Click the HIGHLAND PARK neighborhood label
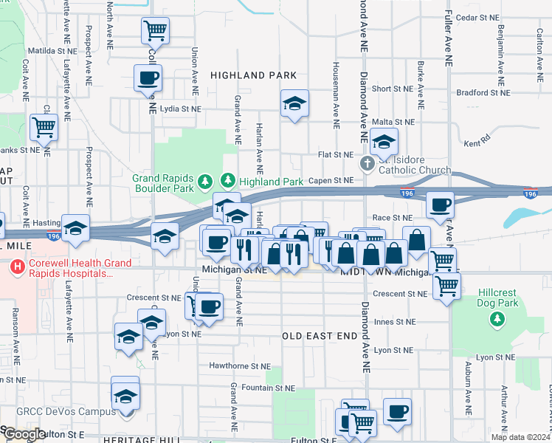(x=253, y=75)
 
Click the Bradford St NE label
(x=483, y=93)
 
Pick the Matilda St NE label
(x=51, y=52)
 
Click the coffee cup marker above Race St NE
(x=441, y=205)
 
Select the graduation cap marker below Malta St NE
(x=384, y=141)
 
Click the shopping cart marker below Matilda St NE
(x=44, y=127)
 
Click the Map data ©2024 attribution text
(x=522, y=437)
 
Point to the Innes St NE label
(x=394, y=322)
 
